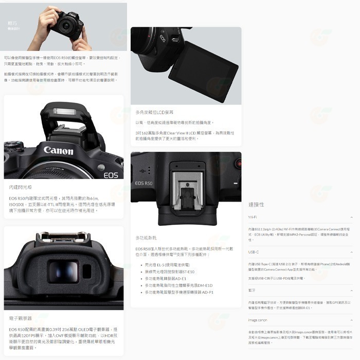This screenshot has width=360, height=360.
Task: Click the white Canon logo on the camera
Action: (x=58, y=151)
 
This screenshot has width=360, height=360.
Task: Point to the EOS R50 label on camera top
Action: (x=143, y=183)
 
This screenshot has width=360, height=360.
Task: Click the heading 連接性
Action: (x=256, y=204)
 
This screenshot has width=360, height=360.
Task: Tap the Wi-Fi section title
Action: (x=252, y=218)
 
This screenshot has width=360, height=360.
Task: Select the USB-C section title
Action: (x=253, y=252)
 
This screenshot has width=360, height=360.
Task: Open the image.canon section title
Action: (x=257, y=320)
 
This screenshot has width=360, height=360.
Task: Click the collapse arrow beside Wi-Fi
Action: (x=351, y=218)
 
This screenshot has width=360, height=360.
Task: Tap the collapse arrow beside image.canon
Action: (x=351, y=320)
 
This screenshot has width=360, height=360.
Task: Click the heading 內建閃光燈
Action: (x=20, y=188)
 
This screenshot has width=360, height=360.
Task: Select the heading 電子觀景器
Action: (x=20, y=318)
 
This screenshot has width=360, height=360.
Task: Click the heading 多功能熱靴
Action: (x=147, y=238)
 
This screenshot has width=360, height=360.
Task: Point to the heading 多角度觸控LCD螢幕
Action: (x=154, y=112)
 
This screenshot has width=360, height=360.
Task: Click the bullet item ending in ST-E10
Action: (x=169, y=272)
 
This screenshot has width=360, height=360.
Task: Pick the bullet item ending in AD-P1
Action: (x=179, y=292)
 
